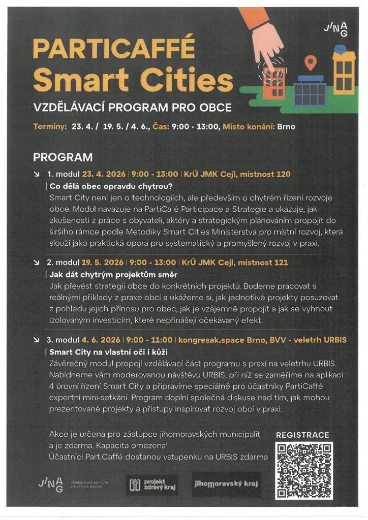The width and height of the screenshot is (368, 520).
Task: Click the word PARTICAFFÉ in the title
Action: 114,49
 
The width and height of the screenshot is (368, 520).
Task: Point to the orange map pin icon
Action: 310,63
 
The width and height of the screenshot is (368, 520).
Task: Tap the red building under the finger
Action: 275,84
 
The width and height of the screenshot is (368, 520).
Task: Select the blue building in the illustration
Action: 310,91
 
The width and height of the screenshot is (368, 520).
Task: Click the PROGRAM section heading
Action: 63,157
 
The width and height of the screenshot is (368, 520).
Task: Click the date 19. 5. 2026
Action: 103,263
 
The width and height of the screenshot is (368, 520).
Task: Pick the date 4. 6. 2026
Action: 100,340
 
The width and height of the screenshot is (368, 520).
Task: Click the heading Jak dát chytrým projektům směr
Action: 113,275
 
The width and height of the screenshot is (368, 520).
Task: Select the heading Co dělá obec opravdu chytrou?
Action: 111,186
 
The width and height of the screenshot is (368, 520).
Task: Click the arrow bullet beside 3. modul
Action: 36,340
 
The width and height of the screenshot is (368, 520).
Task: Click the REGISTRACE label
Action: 302,435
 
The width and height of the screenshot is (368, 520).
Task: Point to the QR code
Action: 304,470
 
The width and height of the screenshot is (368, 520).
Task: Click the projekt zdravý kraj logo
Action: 151,484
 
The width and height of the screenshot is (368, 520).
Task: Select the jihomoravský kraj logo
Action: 226,484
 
